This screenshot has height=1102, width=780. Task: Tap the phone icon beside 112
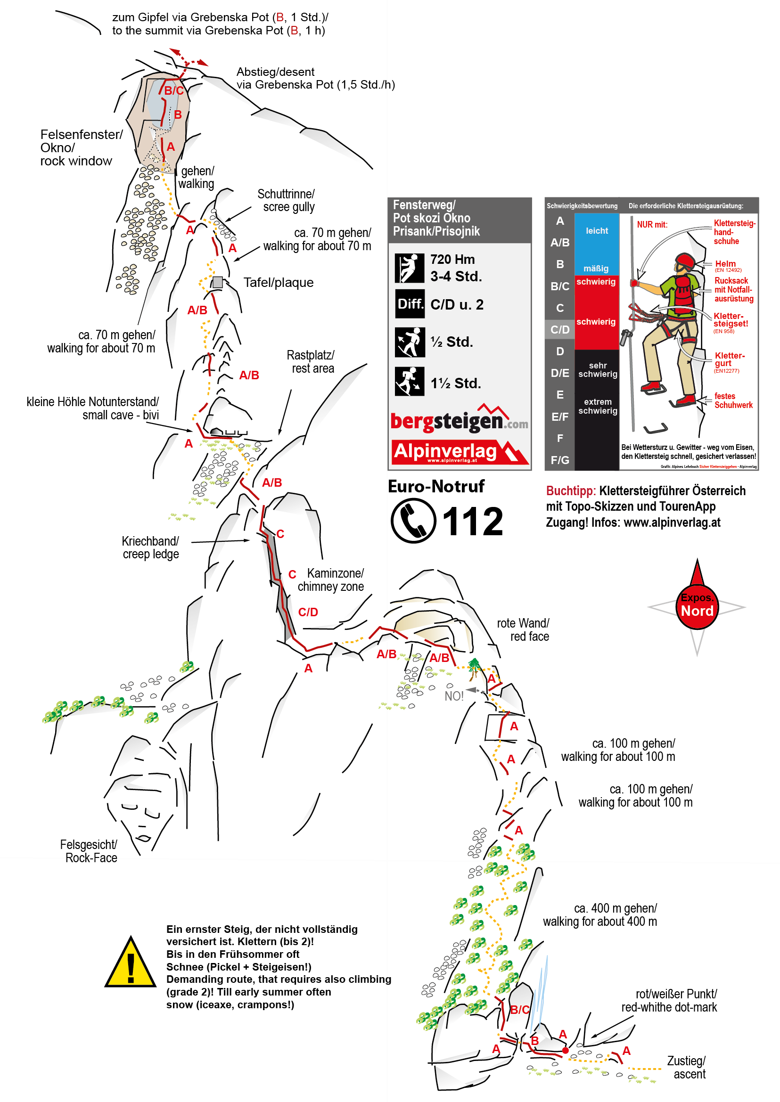413,521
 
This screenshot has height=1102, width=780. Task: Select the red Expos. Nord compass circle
697,606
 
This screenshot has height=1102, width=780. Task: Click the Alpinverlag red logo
460,452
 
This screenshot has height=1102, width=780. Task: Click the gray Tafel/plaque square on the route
218,282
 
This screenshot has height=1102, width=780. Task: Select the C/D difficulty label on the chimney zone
308,612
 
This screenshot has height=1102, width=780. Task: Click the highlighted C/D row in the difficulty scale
560,329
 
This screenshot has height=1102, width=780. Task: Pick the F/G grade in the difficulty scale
560,460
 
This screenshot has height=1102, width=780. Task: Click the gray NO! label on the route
454,696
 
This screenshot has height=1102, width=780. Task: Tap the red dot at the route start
566,1051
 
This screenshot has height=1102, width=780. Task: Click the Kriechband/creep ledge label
150,547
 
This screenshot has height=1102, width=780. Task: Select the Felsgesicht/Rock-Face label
89,851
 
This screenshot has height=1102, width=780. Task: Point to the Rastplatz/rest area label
311,361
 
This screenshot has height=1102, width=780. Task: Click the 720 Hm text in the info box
452,259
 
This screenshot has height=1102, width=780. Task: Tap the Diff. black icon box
410,303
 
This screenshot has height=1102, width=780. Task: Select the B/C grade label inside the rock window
174,90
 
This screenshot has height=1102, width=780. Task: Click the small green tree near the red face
474,668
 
